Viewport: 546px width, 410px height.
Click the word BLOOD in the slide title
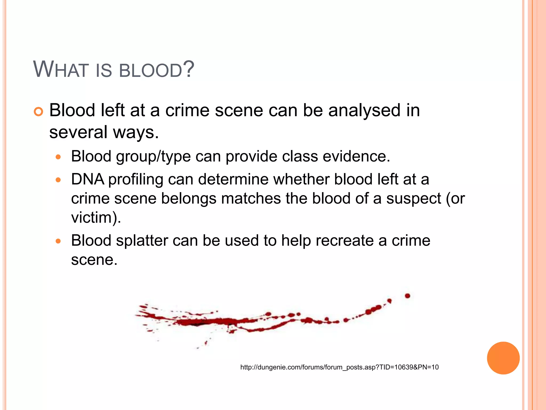150,70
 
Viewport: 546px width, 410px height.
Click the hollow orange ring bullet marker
38,112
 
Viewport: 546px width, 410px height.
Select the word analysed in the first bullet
364,111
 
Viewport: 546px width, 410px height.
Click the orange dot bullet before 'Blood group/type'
58,157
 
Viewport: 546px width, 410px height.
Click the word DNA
87,179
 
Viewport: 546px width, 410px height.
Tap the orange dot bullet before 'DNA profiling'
58,180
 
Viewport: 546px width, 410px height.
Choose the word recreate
345,241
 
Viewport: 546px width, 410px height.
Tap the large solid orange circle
503,358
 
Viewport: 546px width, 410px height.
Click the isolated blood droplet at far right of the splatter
407,296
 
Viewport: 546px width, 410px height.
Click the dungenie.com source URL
339,367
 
